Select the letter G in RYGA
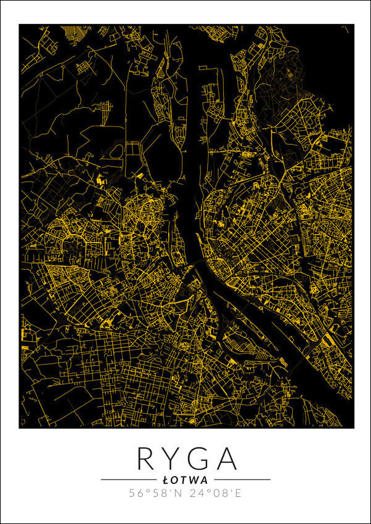pyautogui.click(x=198, y=459)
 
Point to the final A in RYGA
pyautogui.click(x=225, y=459)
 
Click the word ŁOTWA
pyautogui.click(x=185, y=479)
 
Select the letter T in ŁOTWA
pyautogui.click(x=184, y=479)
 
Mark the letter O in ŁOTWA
pyautogui.click(x=174, y=479)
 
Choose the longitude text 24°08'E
pyautogui.click(x=216, y=493)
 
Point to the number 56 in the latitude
pyautogui.click(x=136, y=493)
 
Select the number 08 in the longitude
pyautogui.click(x=218, y=493)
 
